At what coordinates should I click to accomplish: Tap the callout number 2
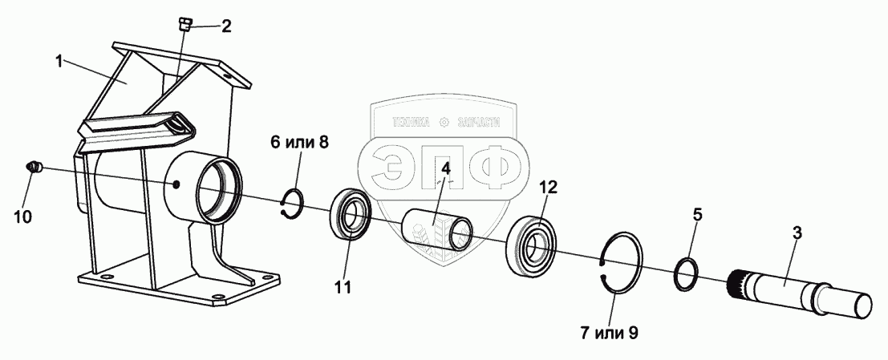coord(226,26)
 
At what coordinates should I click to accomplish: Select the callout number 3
coord(796,234)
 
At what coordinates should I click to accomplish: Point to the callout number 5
coord(697,215)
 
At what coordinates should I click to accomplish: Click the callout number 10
coord(24,216)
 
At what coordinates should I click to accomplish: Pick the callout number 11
coord(343,287)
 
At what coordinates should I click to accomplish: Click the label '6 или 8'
coord(299,144)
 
